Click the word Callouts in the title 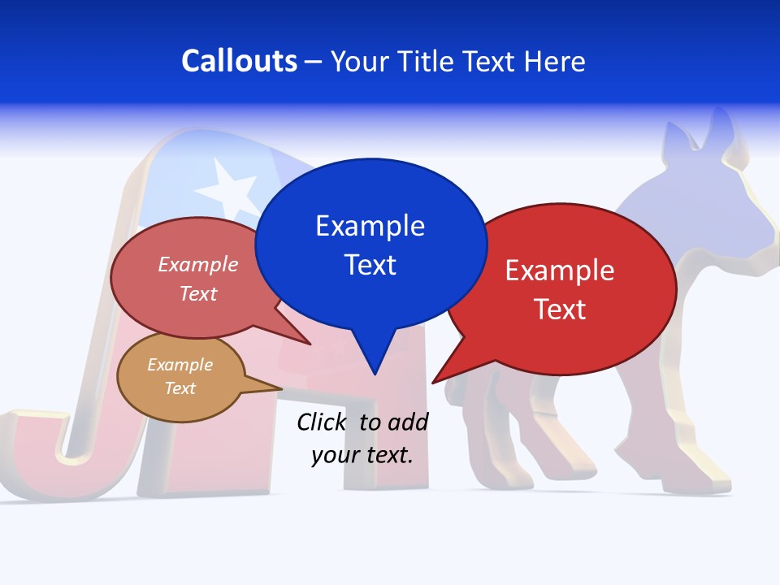[239, 61]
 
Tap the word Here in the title [556, 61]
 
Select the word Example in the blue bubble [370, 226]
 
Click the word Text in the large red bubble [560, 310]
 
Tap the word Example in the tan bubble [180, 365]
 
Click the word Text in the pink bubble [198, 294]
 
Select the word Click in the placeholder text [323, 422]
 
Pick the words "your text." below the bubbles [362, 455]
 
